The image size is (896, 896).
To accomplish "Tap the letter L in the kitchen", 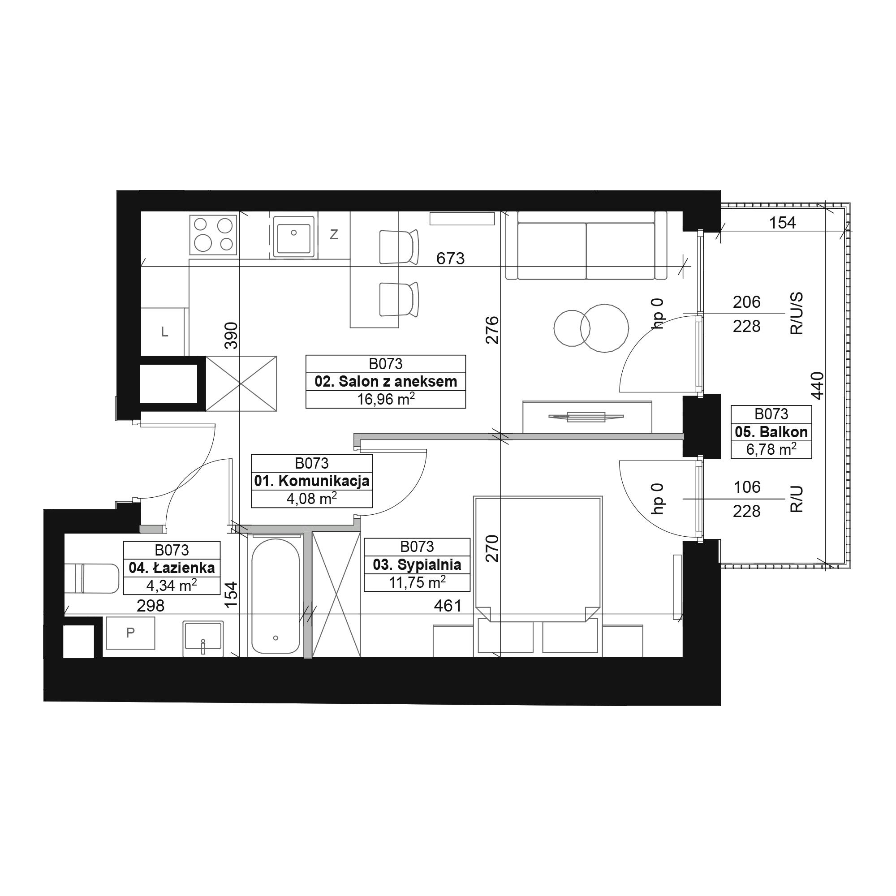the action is coord(164,332).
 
